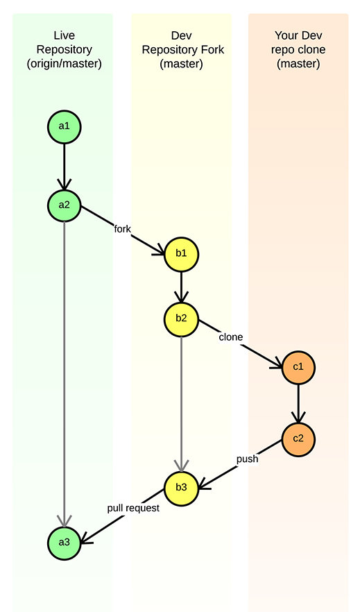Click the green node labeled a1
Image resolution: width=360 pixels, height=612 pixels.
pos(65,126)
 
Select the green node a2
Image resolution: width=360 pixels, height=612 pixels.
pos(65,205)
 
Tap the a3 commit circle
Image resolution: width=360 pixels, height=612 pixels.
pos(65,543)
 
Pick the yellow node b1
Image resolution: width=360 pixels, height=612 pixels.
pos(181,254)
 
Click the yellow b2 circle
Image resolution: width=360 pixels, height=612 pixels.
pos(181,319)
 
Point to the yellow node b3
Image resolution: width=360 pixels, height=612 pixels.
pos(181,488)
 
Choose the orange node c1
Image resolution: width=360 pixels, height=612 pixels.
pos(298,368)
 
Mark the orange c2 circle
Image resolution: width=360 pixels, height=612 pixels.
pos(298,439)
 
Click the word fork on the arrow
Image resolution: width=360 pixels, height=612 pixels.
pos(122,229)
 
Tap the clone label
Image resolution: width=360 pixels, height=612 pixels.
pos(231,337)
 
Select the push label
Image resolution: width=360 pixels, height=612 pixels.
pos(247,459)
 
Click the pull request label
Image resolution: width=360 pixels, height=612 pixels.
pos(133,508)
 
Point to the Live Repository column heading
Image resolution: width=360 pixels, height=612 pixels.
pos(65,49)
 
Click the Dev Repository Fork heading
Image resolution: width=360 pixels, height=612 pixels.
pos(182,49)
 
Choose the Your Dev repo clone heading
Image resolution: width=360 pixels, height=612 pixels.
pos(298,49)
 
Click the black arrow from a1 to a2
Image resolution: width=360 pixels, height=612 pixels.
pos(65,167)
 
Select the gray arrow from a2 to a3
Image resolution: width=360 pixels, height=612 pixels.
pos(65,374)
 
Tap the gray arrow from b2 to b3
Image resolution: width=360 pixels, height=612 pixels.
pos(181,404)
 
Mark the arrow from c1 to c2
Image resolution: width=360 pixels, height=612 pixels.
pos(298,404)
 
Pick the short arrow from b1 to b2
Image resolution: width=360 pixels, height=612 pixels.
pos(181,287)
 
